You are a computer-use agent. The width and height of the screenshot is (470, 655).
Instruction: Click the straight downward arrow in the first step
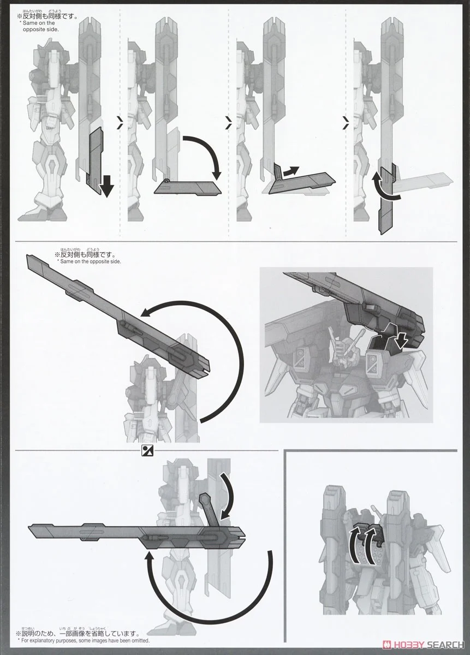[x=108, y=186]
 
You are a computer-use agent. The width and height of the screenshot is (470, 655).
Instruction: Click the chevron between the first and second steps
[x=120, y=125]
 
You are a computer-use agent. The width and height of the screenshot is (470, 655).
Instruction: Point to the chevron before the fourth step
[x=345, y=125]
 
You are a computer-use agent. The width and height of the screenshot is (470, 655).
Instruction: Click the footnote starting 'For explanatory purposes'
[x=85, y=641]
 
